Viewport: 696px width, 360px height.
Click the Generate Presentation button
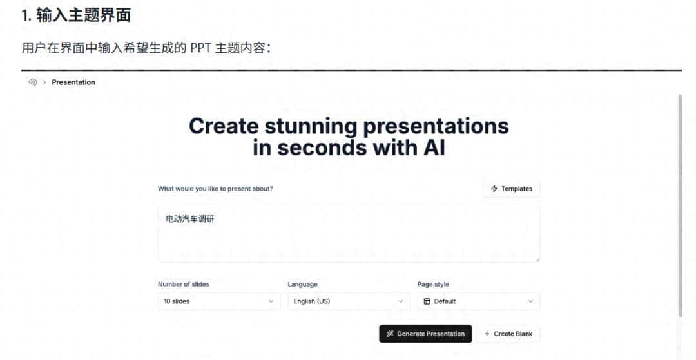click(x=425, y=334)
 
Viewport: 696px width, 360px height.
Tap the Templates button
click(x=511, y=189)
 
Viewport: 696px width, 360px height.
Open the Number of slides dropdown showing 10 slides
click(x=218, y=301)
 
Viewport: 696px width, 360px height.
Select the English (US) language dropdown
click(x=348, y=301)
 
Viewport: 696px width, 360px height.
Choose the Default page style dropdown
click(x=478, y=301)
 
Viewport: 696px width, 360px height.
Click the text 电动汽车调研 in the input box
click(x=190, y=219)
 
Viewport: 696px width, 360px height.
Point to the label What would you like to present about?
click(x=215, y=189)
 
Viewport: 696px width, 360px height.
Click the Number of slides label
click(x=184, y=284)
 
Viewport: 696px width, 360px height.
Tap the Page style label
click(x=433, y=284)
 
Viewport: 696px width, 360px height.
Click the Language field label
click(x=302, y=284)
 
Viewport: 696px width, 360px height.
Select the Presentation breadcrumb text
click(x=73, y=82)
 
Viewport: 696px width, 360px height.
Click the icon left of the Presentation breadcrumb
click(x=34, y=82)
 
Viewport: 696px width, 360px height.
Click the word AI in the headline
click(x=431, y=147)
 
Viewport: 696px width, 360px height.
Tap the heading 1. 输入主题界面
click(x=76, y=16)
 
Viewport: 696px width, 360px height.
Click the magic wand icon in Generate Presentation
click(x=390, y=334)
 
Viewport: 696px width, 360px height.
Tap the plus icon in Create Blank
click(x=487, y=334)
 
